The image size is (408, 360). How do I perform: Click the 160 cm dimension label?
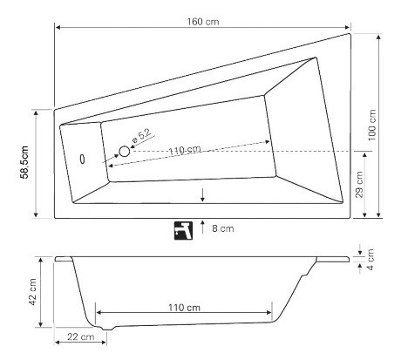pyautogui.click(x=207, y=20)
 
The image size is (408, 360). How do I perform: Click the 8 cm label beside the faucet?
pyautogui.click(x=225, y=229)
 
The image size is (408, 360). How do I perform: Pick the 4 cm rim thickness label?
pyautogui.click(x=371, y=259)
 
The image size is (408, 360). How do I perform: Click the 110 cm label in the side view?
pyautogui.click(x=184, y=308)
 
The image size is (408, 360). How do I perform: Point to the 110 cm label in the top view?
pyautogui.click(x=184, y=150)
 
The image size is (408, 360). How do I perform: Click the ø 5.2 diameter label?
pyautogui.click(x=141, y=137)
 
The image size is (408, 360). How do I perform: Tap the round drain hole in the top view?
pyautogui.click(x=124, y=151)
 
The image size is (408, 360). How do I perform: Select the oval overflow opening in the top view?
pyautogui.click(x=84, y=159)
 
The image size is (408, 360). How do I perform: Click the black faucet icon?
pyautogui.click(x=182, y=230)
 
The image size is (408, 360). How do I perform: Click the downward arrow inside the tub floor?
pyautogui.click(x=203, y=194)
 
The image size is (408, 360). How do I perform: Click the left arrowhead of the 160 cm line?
pyautogui.click(x=58, y=28)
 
